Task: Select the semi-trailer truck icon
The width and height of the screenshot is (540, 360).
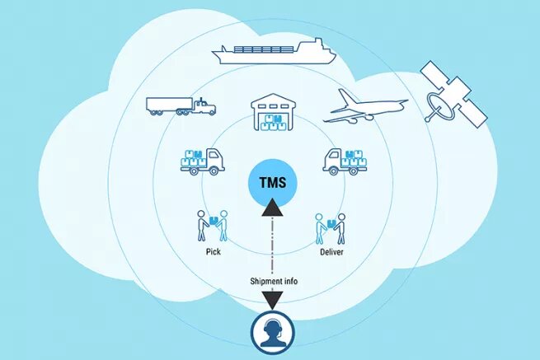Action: coord(181,105)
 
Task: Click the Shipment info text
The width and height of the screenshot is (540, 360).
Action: coord(274,282)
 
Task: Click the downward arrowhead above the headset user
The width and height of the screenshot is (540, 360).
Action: coord(273,301)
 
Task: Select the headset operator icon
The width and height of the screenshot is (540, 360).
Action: coord(273,334)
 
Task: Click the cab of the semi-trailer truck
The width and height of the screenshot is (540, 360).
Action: coord(204,105)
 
